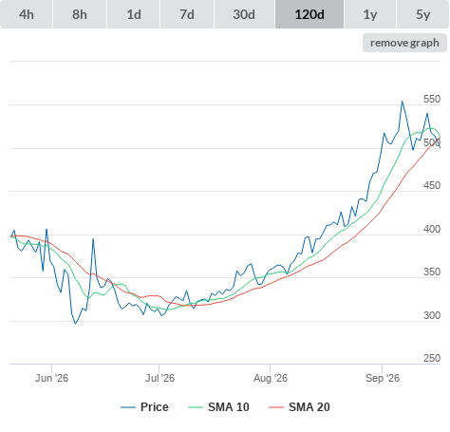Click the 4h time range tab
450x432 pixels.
point(27,14)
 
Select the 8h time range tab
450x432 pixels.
point(80,14)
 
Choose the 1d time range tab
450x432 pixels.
point(134,14)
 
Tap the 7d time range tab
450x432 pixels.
point(187,14)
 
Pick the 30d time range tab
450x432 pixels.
point(244,14)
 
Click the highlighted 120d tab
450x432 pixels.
point(309,14)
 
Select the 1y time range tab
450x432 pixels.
point(370,14)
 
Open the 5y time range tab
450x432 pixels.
point(423,14)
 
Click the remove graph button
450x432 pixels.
point(404,43)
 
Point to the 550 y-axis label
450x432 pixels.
point(432,99)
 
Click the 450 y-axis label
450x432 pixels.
point(432,185)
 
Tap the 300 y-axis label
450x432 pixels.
point(432,315)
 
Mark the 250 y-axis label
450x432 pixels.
point(432,358)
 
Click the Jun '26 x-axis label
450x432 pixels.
point(51,378)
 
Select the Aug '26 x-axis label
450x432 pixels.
point(271,378)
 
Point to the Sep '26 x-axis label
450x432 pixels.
point(383,378)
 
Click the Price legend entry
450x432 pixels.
point(144,407)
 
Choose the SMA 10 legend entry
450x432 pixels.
point(218,407)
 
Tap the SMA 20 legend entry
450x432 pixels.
point(299,407)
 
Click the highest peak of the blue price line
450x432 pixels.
point(403,102)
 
